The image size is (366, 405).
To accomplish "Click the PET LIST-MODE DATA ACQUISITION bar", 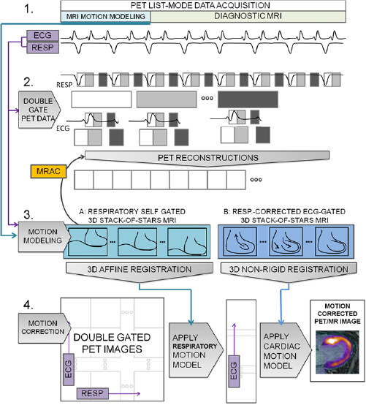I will click(x=201, y=6).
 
